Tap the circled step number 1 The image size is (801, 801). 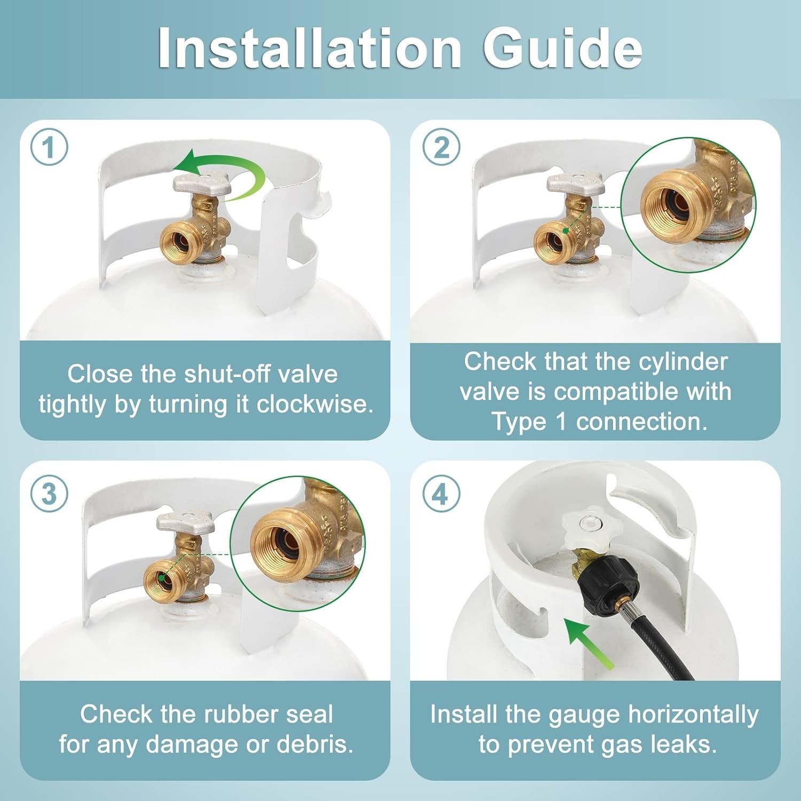[49, 147]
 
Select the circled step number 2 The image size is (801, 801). [441, 147]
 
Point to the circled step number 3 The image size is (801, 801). [49, 494]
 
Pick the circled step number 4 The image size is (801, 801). [441, 494]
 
